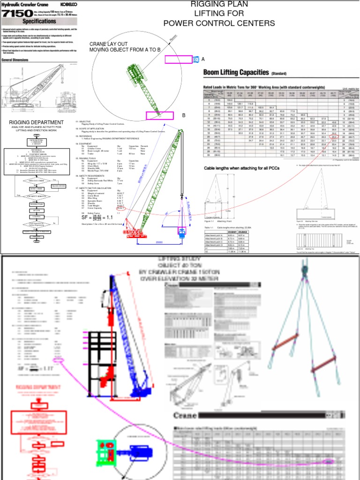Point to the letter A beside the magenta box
point(203,59)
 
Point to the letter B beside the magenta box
point(184,115)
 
